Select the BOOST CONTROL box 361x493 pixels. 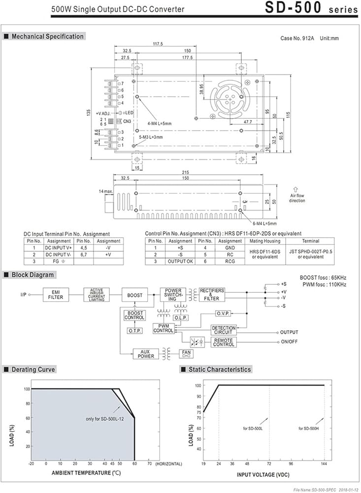[x=134, y=315]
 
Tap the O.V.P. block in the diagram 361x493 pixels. [x=227, y=313]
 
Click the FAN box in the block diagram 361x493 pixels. [x=186, y=353]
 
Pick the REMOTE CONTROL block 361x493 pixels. [x=224, y=342]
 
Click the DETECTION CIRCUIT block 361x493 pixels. [x=224, y=330]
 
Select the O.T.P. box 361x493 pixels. [x=135, y=330]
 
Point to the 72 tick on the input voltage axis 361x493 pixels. [x=269, y=463]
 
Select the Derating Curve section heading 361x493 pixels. [x=33, y=369]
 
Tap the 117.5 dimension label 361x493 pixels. [x=158, y=44]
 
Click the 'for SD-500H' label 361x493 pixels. [x=310, y=428]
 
